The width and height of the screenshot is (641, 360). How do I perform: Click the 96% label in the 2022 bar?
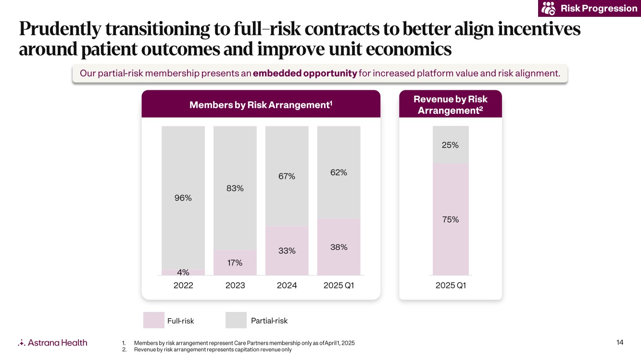pos(183,198)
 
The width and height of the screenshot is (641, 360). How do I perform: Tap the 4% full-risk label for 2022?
pos(183,272)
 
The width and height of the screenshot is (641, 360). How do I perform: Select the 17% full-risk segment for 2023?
pos(235,263)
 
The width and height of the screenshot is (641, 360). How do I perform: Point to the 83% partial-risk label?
pos(235,188)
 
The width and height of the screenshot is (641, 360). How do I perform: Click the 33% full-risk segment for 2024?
pos(287,250)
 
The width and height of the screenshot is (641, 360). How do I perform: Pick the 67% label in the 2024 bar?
pos(287,176)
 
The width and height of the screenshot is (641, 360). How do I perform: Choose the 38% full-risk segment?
pos(339,247)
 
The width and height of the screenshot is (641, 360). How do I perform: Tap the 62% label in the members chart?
pos(339,172)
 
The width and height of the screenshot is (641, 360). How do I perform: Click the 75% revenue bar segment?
pos(451,219)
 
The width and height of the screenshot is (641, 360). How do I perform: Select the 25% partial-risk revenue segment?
pos(451,145)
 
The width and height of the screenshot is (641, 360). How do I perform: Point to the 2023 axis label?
pos(235,286)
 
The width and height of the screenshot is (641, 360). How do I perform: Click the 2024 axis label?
pos(287,286)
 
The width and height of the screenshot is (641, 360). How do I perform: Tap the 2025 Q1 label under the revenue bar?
pos(451,286)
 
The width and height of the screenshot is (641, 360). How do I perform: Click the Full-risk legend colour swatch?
pos(153,320)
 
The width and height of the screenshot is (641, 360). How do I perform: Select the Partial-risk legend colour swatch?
pos(236,320)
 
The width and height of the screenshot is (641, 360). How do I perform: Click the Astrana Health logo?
pos(52,343)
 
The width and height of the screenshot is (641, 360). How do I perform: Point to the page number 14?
pos(619,342)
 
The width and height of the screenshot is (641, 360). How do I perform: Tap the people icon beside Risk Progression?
pos(549,9)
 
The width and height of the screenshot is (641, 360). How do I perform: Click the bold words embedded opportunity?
pos(305,74)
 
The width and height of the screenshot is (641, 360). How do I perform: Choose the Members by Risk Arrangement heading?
pos(261,105)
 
